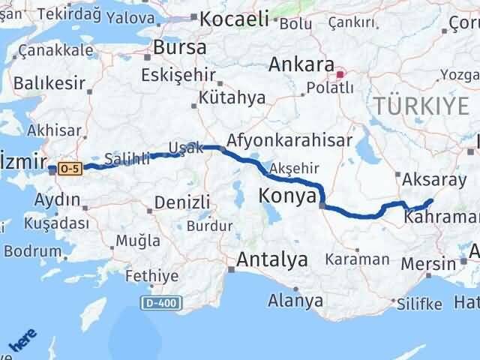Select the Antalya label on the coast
(x=272, y=259)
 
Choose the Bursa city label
(x=180, y=47)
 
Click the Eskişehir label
(x=178, y=75)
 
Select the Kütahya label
(x=222, y=97)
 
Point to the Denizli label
(x=181, y=202)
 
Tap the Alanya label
(x=296, y=301)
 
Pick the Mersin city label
(x=427, y=264)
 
